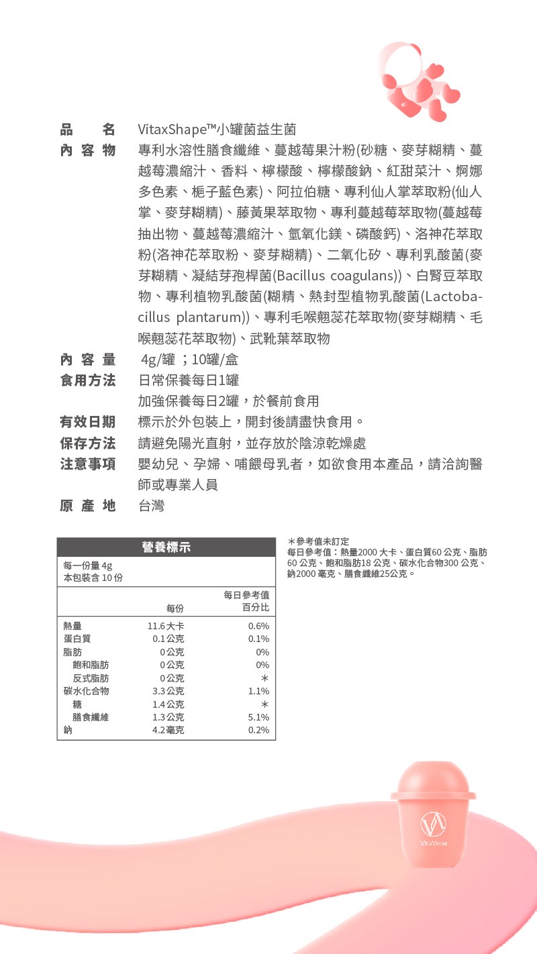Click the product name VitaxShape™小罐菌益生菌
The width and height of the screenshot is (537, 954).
217,129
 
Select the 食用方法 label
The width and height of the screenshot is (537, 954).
88,380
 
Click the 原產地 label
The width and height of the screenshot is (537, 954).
88,505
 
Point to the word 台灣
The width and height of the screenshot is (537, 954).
151,505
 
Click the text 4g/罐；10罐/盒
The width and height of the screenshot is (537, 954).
189,360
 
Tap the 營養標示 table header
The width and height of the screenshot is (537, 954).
166,547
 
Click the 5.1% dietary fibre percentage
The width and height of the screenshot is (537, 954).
258,717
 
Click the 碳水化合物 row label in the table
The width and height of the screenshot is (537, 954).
86,691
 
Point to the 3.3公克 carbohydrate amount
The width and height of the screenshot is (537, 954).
168,691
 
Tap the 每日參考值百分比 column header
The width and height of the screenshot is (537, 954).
247,601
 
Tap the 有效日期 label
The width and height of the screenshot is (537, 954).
88,422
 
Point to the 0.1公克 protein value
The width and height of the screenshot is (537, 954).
168,639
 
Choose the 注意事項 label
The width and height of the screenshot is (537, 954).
88,464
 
